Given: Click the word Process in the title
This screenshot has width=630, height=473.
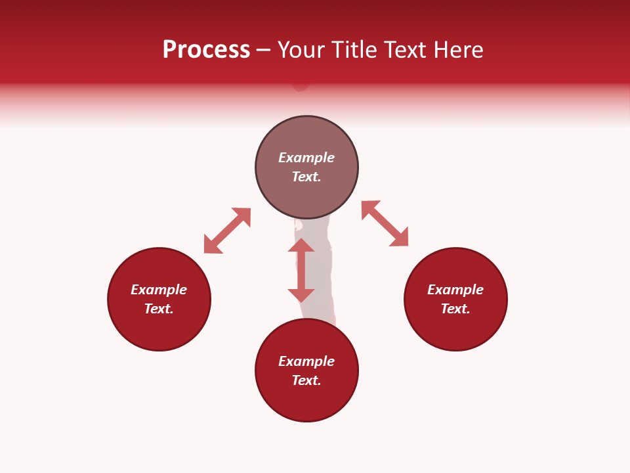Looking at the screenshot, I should pyautogui.click(x=206, y=50).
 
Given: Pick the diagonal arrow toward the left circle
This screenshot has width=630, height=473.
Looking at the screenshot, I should pyautogui.click(x=228, y=231).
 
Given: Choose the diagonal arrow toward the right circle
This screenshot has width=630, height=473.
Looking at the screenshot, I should pyautogui.click(x=385, y=223).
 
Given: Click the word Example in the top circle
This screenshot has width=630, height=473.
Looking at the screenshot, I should pyautogui.click(x=306, y=158).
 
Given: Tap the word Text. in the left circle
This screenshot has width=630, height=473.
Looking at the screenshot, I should pyautogui.click(x=159, y=309).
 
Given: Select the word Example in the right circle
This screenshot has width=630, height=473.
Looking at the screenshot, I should pyautogui.click(x=455, y=290).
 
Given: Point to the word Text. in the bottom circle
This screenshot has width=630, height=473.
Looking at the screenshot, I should pyautogui.click(x=306, y=380).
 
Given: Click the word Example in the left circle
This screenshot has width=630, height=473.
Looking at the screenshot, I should pyautogui.click(x=159, y=290).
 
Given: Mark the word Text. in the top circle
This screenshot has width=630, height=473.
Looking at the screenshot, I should pyautogui.click(x=306, y=177).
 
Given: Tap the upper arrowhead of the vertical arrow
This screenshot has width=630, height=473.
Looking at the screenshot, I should pyautogui.click(x=301, y=246).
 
